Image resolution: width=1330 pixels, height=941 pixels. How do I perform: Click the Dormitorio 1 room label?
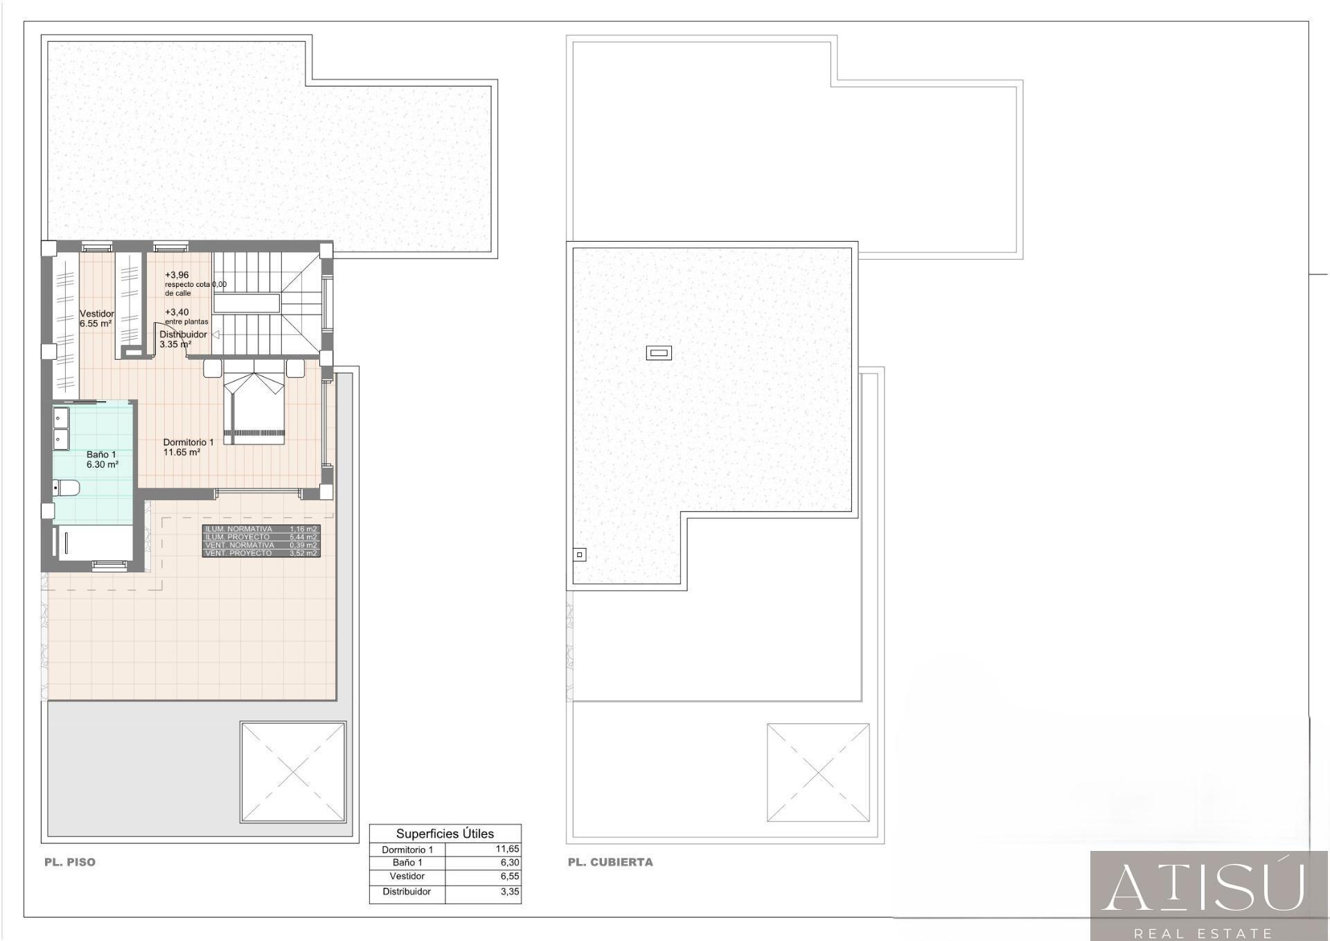click(188, 442)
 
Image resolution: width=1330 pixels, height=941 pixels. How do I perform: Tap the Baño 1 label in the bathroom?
click(101, 455)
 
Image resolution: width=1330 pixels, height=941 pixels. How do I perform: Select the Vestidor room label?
click(96, 314)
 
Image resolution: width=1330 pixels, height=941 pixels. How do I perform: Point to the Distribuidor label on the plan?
click(183, 334)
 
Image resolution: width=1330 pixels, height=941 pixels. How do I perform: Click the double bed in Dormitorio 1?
click(254, 409)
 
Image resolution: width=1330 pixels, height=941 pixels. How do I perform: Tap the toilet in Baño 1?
click(66, 488)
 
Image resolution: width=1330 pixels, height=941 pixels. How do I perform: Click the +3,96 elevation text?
click(177, 275)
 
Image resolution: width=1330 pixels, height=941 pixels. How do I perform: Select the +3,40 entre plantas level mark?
click(177, 313)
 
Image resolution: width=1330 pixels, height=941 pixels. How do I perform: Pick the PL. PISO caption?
click(70, 862)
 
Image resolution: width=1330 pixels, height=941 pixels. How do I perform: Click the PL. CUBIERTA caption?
click(610, 862)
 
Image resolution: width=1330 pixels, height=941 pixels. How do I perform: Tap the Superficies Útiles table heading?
click(445, 834)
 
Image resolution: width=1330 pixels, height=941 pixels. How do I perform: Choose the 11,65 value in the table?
click(507, 849)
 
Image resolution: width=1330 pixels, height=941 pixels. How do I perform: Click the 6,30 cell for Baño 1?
click(510, 863)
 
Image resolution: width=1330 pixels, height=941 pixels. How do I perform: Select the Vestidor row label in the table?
click(407, 877)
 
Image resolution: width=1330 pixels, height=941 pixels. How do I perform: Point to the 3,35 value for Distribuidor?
click(510, 892)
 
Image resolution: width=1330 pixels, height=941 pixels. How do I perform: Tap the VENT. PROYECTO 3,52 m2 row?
click(261, 553)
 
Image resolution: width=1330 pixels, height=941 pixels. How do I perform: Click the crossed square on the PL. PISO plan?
click(293, 772)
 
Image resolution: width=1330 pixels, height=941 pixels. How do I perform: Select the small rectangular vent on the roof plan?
click(659, 353)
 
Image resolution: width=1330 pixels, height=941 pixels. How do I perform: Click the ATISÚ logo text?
click(1204, 888)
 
